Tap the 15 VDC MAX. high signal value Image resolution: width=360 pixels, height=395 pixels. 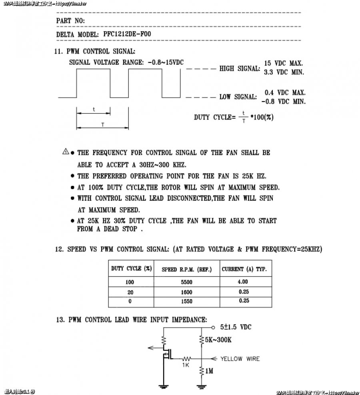(x=284, y=63)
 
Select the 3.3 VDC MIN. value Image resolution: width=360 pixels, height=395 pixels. (x=284, y=72)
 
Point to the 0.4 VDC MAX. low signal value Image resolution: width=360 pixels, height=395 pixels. (x=285, y=92)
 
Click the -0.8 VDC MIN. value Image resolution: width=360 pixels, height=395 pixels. (x=284, y=102)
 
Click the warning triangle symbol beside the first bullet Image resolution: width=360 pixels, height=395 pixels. (x=66, y=152)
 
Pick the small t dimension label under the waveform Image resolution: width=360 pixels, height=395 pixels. (x=94, y=109)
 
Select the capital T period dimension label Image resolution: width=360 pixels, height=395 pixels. (x=102, y=124)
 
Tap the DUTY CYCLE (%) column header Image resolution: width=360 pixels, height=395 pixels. (x=131, y=269)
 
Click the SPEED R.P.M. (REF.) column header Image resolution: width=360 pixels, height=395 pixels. (x=186, y=269)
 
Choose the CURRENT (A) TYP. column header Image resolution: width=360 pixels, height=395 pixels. (x=244, y=269)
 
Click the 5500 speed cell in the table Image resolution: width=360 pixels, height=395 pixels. (x=186, y=282)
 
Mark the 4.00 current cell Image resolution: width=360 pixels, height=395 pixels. (x=243, y=282)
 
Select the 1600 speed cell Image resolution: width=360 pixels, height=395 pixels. (x=186, y=292)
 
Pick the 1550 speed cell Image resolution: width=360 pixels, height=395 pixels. (x=186, y=301)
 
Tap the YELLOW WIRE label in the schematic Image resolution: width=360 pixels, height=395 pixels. (x=240, y=359)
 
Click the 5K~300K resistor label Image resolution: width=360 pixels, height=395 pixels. (x=218, y=339)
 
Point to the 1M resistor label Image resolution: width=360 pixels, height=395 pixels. (x=209, y=371)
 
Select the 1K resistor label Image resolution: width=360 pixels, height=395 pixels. (x=186, y=365)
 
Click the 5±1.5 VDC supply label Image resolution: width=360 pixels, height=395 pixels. (x=236, y=327)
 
